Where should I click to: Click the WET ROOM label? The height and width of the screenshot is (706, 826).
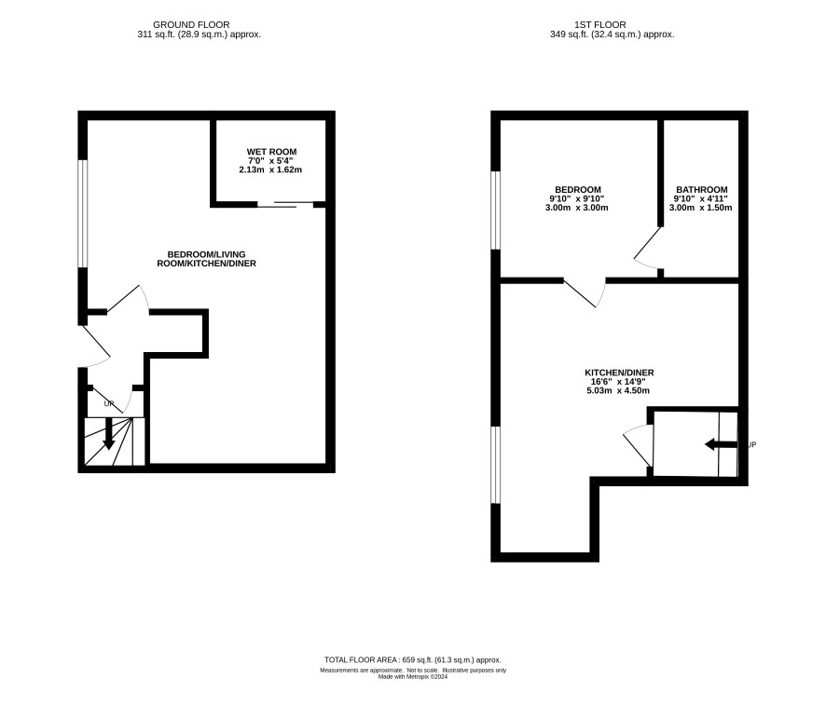tap(271, 152)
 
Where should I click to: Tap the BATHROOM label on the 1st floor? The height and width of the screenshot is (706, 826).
tap(702, 189)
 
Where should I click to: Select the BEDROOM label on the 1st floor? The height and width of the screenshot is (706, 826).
tap(577, 189)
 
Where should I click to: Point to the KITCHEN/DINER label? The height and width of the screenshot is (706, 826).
tap(619, 373)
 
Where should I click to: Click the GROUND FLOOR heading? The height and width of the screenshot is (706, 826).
tap(191, 25)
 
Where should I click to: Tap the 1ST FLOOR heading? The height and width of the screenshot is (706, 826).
tap(600, 25)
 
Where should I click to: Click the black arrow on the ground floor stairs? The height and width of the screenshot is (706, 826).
tap(108, 433)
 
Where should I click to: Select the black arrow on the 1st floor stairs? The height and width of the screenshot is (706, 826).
tap(721, 445)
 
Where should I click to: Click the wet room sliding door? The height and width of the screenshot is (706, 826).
tap(285, 204)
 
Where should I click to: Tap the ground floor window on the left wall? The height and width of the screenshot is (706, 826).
tap(83, 213)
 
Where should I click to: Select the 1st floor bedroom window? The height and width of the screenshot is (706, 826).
tap(496, 210)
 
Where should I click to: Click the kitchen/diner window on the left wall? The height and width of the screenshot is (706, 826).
tap(496, 465)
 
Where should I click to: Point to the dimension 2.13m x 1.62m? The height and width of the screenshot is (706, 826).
tap(270, 170)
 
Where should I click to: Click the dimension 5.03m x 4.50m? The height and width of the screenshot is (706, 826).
tap(618, 390)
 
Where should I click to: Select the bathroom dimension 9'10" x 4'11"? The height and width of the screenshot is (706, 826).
tap(701, 198)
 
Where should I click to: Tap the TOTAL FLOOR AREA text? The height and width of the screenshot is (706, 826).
tap(412, 659)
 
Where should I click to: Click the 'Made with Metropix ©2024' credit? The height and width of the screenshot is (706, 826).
tap(412, 677)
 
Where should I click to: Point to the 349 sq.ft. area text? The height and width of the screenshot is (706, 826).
tap(613, 34)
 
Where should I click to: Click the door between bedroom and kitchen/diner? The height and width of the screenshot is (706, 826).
tap(585, 292)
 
